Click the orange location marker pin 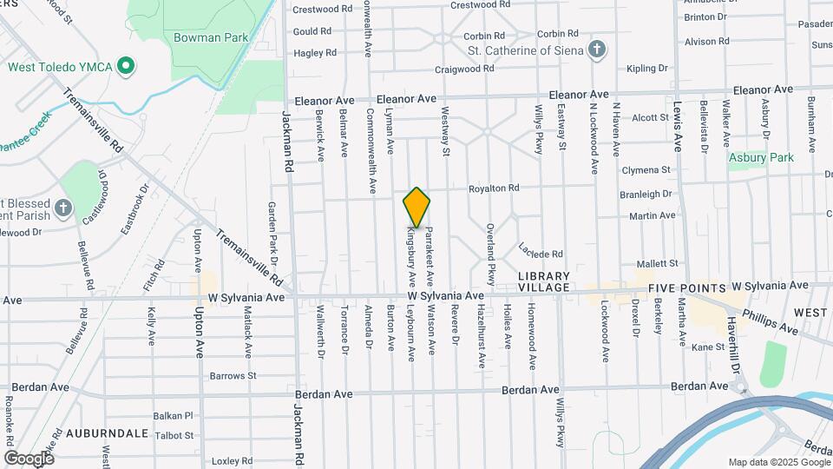click(416, 208)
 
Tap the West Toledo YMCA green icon click(125, 66)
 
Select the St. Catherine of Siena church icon click(595, 50)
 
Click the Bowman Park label click(210, 37)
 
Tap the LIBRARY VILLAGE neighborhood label click(544, 281)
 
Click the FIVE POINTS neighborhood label click(685, 287)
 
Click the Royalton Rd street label click(493, 188)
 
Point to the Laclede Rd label click(541, 250)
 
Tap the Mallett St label click(656, 263)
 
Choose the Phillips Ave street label click(775, 320)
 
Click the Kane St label click(707, 347)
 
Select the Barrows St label click(233, 376)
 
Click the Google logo click(29, 458)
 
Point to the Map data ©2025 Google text click(777, 462)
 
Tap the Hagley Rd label click(314, 53)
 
